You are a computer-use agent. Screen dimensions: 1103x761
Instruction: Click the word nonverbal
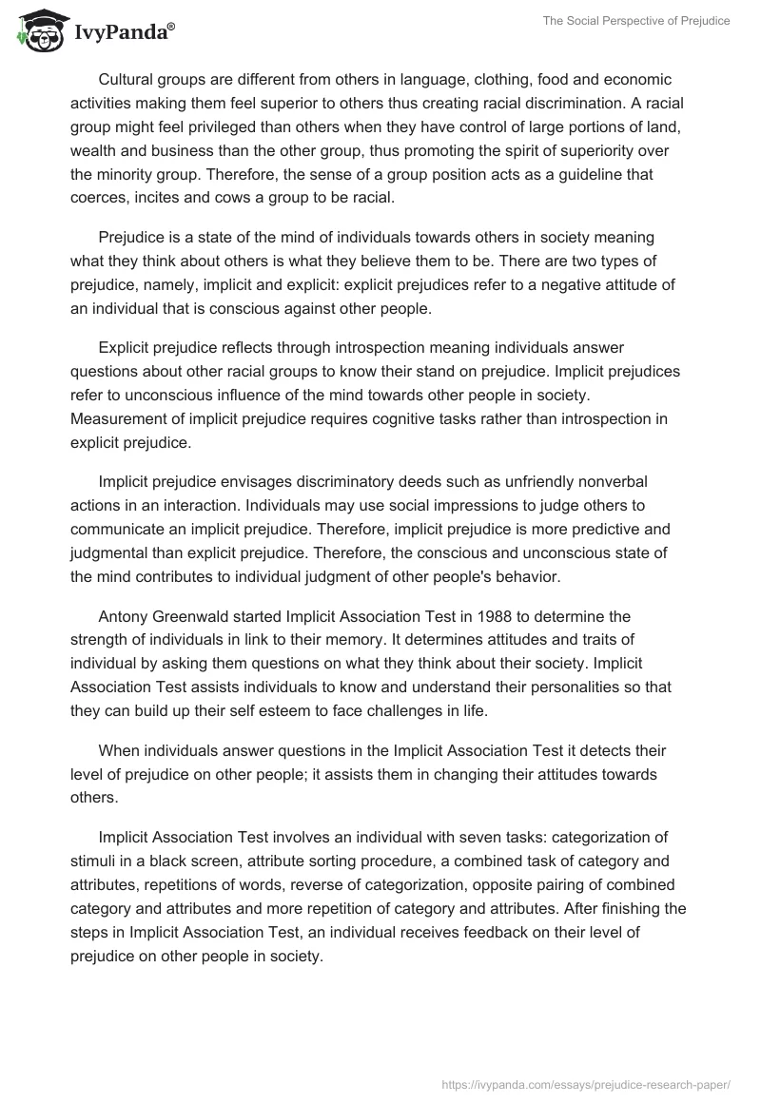click(602, 483)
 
